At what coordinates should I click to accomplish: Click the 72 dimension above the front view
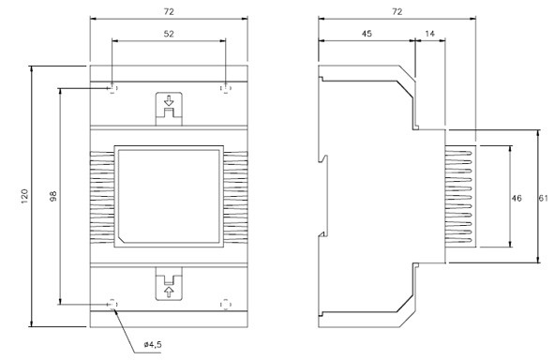coord(168,11)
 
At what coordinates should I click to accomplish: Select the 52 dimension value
coord(168,35)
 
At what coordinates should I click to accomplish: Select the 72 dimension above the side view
coord(397,11)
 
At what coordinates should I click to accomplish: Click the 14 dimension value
coord(429,35)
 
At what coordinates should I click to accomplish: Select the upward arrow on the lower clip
coord(168,291)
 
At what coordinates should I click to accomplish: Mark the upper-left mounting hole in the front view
coord(112,88)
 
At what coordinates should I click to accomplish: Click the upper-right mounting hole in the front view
coord(225,88)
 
